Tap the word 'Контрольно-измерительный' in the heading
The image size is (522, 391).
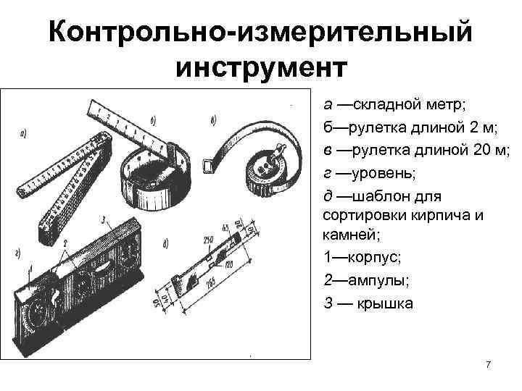(261, 33)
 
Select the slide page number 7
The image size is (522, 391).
(488, 365)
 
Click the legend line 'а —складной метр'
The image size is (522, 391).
(385, 106)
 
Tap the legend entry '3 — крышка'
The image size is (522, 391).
(368, 303)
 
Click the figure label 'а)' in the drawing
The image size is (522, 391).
(24, 133)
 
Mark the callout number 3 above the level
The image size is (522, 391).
(105, 218)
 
